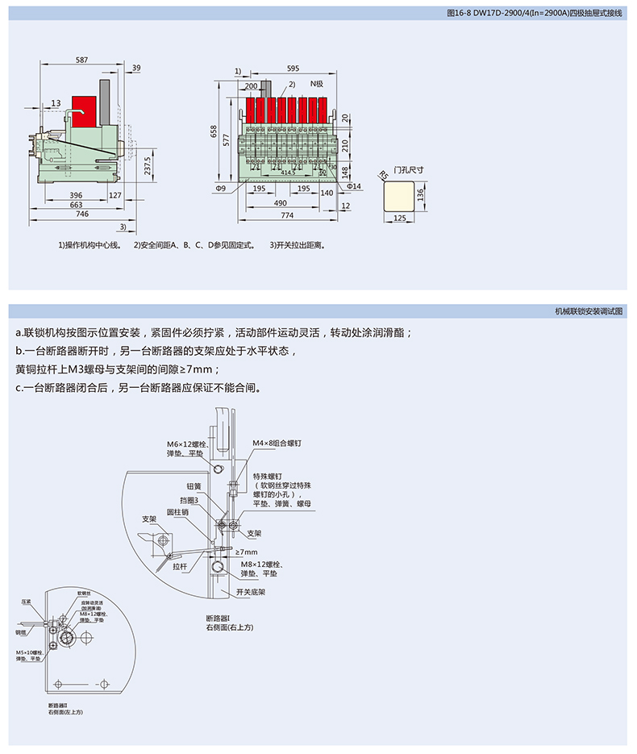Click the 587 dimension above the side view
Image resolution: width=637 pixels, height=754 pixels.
[x=82, y=60]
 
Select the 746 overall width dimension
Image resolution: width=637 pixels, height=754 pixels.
[x=81, y=215]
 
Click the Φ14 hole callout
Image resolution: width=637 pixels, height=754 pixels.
[x=355, y=186]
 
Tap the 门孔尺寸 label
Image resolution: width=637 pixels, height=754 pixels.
[x=407, y=170]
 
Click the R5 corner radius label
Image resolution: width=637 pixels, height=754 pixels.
[x=383, y=173]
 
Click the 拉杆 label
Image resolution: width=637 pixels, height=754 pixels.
[x=179, y=566]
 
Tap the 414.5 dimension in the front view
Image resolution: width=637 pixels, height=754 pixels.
[x=288, y=172]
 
